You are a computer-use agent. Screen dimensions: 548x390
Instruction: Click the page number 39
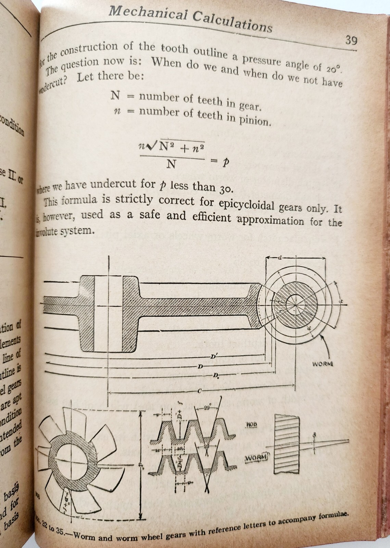tap(351, 40)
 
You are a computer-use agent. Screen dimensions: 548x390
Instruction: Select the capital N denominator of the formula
tap(171, 164)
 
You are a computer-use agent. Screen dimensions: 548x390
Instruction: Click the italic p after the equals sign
tap(225, 162)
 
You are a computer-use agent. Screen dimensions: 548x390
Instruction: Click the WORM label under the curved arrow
tap(323, 363)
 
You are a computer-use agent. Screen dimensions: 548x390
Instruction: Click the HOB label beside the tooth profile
tap(252, 425)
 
